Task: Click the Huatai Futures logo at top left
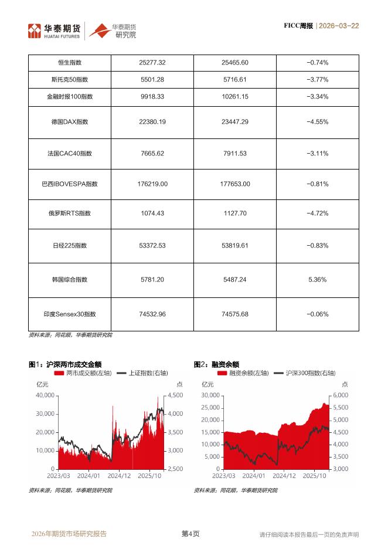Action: click(x=56, y=30)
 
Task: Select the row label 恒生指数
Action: click(x=70, y=63)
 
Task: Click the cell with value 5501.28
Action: click(x=152, y=79)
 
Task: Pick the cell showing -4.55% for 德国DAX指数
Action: click(x=317, y=122)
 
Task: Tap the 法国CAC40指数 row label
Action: click(x=70, y=154)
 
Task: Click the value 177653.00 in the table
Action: click(x=235, y=184)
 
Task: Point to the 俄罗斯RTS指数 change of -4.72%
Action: click(x=317, y=214)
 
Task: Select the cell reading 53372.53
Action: click(x=152, y=245)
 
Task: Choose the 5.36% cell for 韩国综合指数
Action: click(x=317, y=280)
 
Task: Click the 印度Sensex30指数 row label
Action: click(x=70, y=314)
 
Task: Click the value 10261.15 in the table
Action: click(x=235, y=96)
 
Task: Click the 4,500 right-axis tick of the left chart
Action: click(x=175, y=396)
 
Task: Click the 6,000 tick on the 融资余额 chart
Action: click(x=341, y=396)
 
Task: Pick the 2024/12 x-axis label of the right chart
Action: click(x=283, y=476)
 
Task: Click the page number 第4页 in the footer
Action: click(x=190, y=534)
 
